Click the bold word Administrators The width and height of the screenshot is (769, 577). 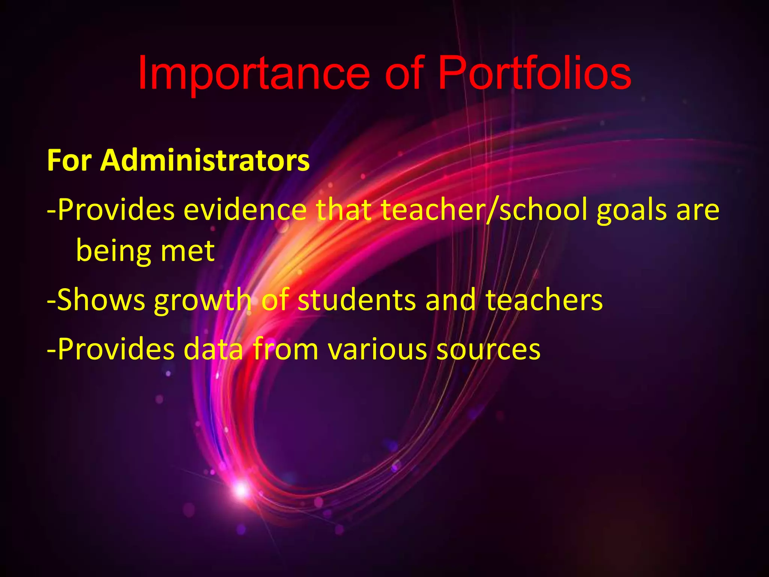(x=205, y=160)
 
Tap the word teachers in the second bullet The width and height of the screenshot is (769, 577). (x=544, y=300)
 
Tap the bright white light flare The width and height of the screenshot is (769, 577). (x=241, y=489)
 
